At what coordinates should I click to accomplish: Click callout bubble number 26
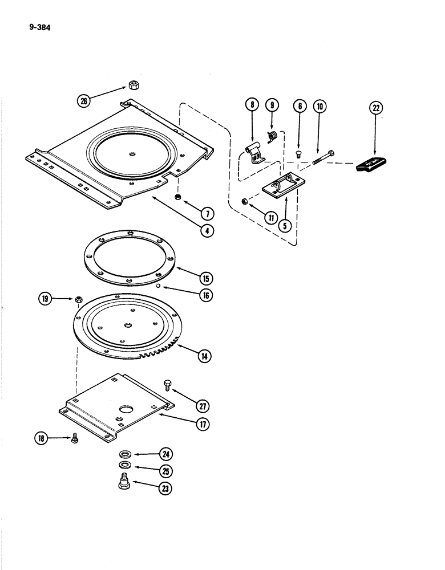tap(86, 102)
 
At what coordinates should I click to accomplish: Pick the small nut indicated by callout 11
tap(244, 201)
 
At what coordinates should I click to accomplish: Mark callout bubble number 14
tap(204, 356)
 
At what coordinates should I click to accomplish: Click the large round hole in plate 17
tap(123, 409)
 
